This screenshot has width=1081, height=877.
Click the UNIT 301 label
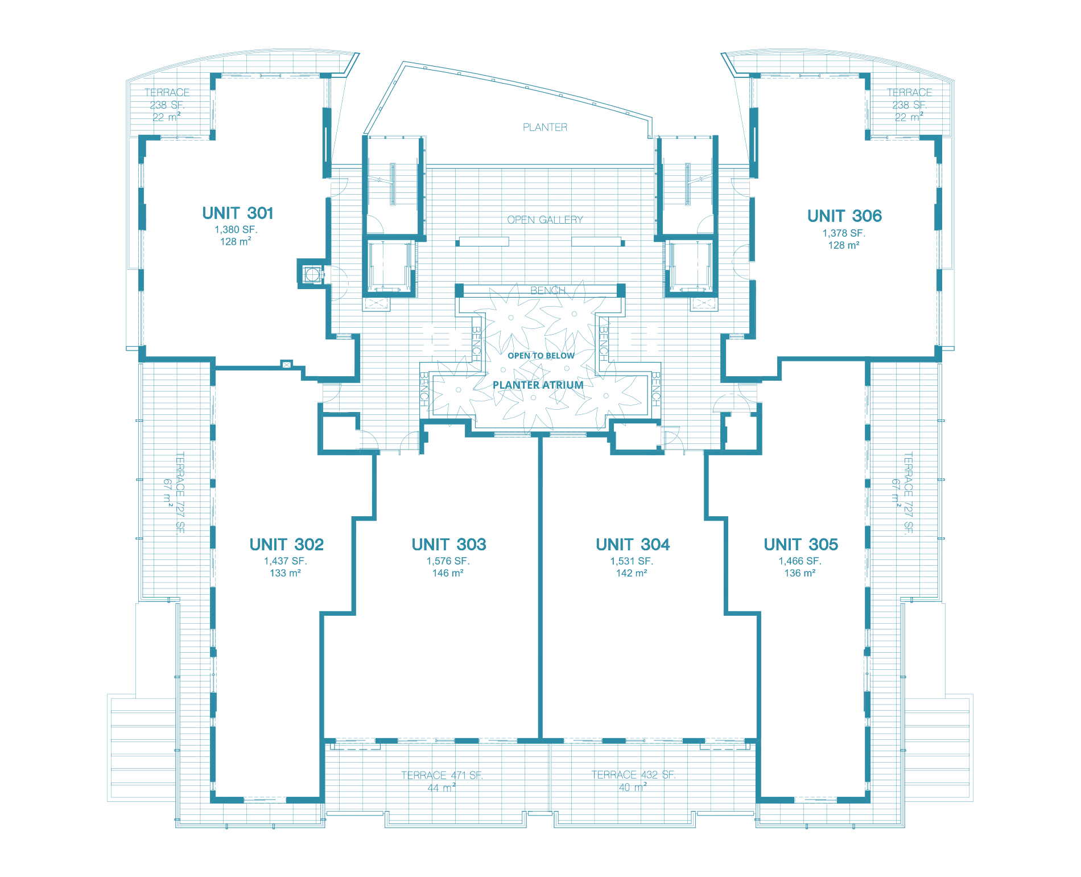tap(238, 213)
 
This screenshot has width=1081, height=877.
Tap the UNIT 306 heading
tap(844, 216)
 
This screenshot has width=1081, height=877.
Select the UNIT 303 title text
tap(449, 545)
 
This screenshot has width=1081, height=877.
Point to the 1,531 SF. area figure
tap(632, 561)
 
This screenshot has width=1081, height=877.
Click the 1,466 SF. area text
tap(800, 561)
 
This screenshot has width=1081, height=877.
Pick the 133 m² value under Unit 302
tap(285, 573)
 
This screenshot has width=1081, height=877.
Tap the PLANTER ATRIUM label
tap(538, 385)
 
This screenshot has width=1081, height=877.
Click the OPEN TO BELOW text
tap(541, 356)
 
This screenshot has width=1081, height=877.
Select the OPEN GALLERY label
tap(545, 220)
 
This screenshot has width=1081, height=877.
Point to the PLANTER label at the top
tap(545, 127)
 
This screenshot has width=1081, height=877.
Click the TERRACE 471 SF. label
tap(442, 775)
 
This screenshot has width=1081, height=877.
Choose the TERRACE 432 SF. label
tap(633, 775)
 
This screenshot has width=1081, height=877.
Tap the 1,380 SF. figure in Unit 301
tap(236, 230)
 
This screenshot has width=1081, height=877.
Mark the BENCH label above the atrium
tap(548, 290)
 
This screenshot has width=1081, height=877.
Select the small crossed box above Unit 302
tap(287, 364)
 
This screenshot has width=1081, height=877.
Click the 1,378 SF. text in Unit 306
tap(844, 233)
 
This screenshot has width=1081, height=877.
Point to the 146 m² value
tap(448, 573)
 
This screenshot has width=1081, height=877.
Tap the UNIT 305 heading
tap(801, 545)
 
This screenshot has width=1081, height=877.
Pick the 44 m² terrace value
tap(442, 788)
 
